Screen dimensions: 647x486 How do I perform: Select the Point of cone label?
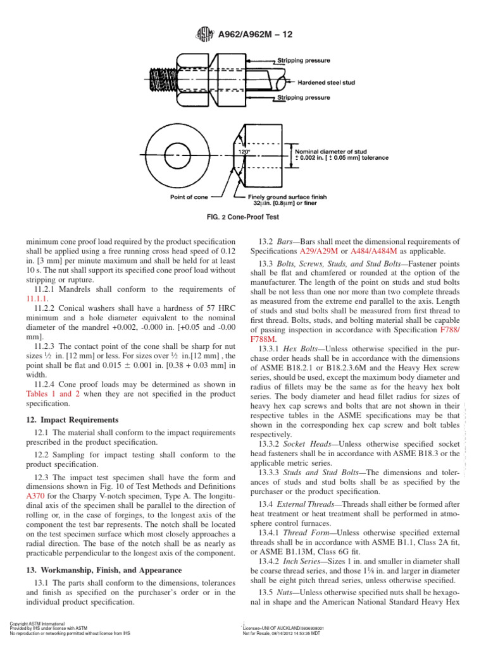[189, 197]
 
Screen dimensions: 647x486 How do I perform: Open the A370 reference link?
[34, 496]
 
